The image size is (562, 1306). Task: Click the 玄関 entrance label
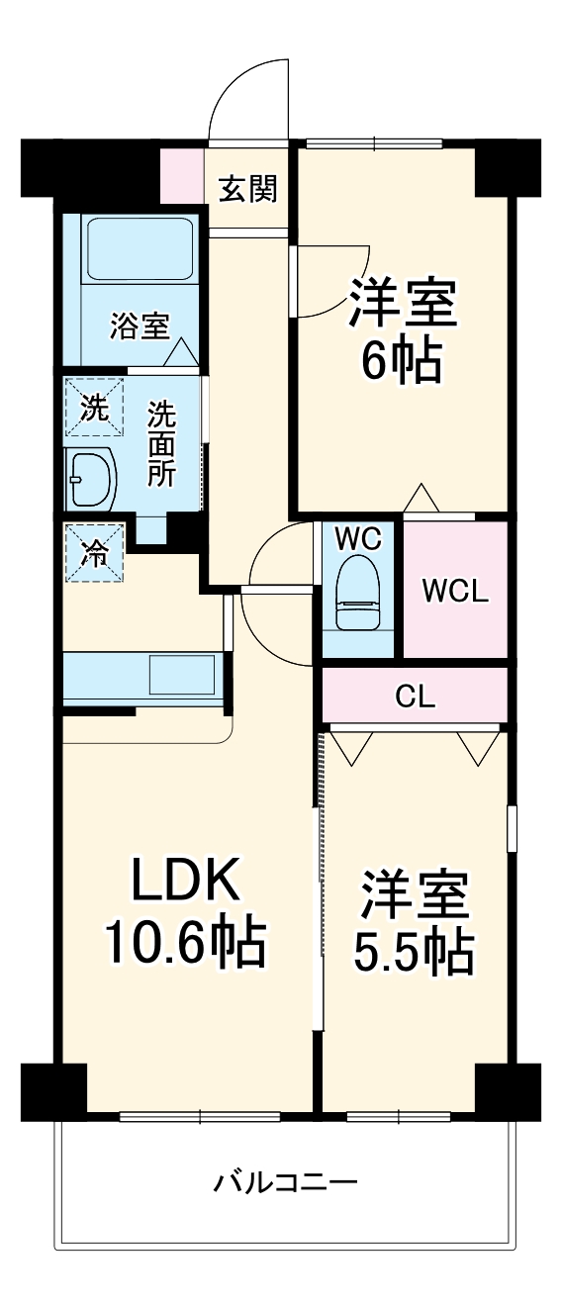coord(247,188)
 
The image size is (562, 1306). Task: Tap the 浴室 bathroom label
coord(140,326)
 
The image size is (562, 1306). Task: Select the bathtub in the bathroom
coord(139,249)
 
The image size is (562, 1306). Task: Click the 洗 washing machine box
coord(95,407)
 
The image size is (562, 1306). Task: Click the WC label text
coord(357,538)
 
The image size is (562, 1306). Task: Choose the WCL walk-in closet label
coord(454,591)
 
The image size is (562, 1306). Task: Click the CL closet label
coord(415,696)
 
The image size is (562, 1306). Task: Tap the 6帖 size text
coord(401,362)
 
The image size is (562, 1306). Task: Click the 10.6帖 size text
coord(185,942)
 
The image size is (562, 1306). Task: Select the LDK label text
coord(186,879)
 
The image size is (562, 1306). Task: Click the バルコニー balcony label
coord(285,1181)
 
